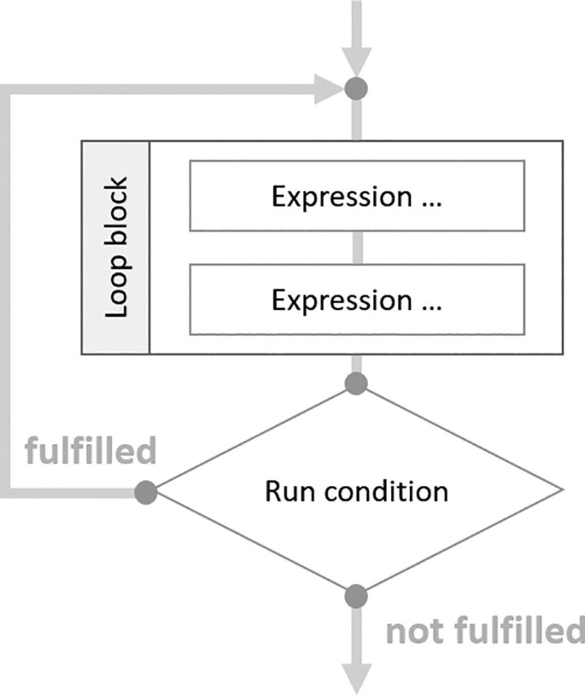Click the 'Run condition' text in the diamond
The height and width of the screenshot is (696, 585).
point(356,491)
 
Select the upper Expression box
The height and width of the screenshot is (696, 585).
point(356,196)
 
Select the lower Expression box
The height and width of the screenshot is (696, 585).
point(356,300)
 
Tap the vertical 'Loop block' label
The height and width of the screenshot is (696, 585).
point(116,247)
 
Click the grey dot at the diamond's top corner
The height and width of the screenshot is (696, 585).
point(356,383)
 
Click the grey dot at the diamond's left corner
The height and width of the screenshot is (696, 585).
point(146,492)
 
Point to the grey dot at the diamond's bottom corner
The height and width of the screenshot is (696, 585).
point(356,596)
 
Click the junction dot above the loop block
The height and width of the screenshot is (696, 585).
point(356,88)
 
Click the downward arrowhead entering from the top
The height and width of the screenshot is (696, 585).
point(356,60)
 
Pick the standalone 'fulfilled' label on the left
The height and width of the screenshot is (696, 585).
point(91,450)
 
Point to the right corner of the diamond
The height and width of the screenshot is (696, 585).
point(562,490)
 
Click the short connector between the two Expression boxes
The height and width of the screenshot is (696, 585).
point(356,248)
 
